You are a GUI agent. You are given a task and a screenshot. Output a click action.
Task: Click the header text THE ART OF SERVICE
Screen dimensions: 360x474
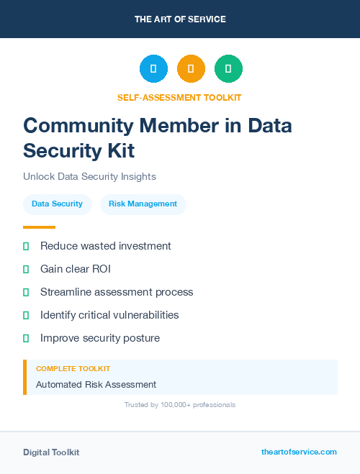pyautogui.click(x=180, y=19)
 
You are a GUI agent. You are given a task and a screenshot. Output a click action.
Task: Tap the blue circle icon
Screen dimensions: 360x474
pyautogui.click(x=153, y=69)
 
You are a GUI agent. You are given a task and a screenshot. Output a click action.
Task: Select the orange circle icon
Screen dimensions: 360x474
pyautogui.click(x=191, y=69)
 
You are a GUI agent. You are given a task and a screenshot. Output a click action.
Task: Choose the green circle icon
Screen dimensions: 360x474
pyautogui.click(x=228, y=69)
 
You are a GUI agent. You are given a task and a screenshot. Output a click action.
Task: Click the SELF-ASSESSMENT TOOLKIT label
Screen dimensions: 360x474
pyautogui.click(x=179, y=97)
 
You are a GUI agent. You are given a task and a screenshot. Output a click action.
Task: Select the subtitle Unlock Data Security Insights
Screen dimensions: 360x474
pyautogui.click(x=89, y=176)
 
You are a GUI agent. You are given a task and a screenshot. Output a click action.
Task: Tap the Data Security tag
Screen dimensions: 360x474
pyautogui.click(x=58, y=204)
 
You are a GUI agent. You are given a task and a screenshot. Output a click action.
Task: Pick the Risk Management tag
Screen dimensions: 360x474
pyautogui.click(x=143, y=204)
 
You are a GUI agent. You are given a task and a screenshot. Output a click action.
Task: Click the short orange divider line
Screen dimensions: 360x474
pyautogui.click(x=39, y=227)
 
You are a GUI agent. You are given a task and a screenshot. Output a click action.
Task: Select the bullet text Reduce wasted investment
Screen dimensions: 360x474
pyautogui.click(x=106, y=246)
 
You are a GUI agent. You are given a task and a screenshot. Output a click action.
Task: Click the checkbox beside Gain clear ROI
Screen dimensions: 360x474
pyautogui.click(x=26, y=269)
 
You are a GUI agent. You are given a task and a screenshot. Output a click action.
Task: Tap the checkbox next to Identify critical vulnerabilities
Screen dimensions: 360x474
pyautogui.click(x=26, y=315)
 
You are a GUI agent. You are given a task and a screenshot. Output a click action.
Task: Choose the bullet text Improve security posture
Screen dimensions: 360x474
pyautogui.click(x=100, y=338)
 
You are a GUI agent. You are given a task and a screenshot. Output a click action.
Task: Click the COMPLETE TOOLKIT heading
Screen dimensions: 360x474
pyautogui.click(x=73, y=368)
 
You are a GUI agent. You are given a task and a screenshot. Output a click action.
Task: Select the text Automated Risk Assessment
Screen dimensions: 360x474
pyautogui.click(x=96, y=384)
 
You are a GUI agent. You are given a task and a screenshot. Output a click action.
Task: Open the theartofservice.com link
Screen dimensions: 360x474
pyautogui.click(x=299, y=452)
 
